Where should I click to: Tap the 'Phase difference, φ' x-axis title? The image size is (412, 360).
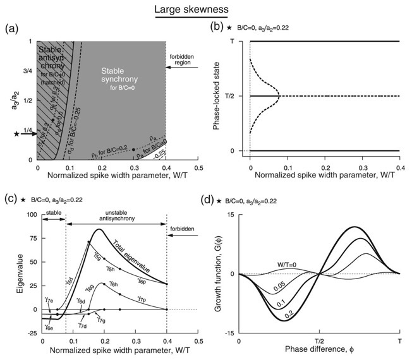click(320, 349)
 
